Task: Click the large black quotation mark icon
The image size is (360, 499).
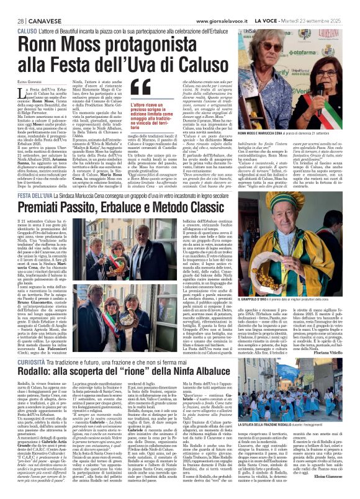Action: [x=158, y=88]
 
